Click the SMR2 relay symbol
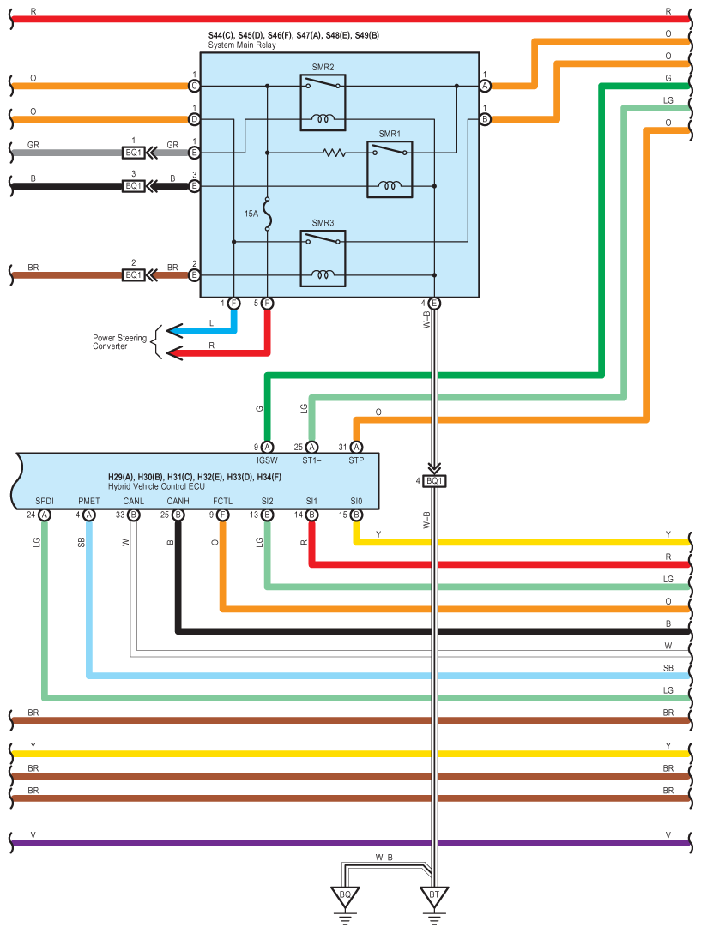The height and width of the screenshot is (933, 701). [x=323, y=102]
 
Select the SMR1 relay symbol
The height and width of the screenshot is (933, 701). [x=390, y=169]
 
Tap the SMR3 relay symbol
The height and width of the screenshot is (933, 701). [x=323, y=257]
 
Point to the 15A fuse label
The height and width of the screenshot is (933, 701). [x=251, y=213]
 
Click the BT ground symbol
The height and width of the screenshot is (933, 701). [x=434, y=896]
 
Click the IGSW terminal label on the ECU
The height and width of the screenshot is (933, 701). [x=266, y=460]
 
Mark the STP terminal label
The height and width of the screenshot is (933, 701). [x=357, y=460]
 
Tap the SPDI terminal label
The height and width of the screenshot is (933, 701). [x=44, y=501]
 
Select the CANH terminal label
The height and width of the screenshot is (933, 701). [x=178, y=501]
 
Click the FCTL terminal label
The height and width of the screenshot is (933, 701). [x=222, y=501]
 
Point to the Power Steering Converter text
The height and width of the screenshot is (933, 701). [x=119, y=342]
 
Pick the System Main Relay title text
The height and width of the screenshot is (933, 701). [x=243, y=45]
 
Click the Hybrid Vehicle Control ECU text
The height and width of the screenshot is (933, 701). [x=157, y=485]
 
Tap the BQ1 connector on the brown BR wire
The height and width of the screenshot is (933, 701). [x=133, y=275]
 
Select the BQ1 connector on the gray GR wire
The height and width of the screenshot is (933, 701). [x=133, y=153]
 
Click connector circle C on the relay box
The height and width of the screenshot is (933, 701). [x=195, y=86]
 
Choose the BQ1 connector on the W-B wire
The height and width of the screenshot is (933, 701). [x=434, y=481]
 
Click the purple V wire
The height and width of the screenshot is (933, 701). [x=343, y=843]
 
